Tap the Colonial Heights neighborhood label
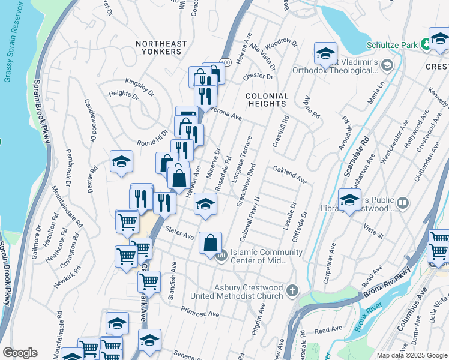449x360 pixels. (267, 100)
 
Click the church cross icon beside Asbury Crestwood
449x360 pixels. (292, 291)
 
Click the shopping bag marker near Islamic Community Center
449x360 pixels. (210, 244)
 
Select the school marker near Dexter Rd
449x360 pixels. (121, 161)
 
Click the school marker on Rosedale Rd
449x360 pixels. (205, 205)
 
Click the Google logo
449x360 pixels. (20, 353)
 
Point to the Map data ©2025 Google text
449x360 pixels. (412, 355)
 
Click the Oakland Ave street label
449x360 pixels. (290, 176)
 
